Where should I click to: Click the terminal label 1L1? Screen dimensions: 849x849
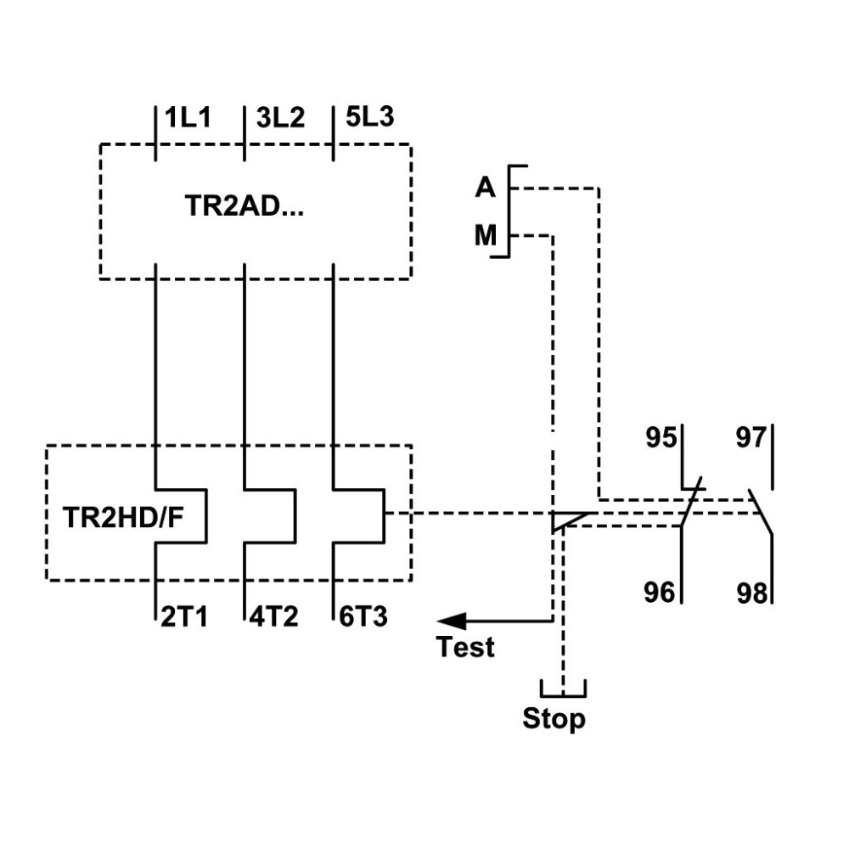[x=188, y=117]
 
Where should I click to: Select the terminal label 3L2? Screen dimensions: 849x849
[x=280, y=117]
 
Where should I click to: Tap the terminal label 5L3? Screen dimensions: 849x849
[x=370, y=117]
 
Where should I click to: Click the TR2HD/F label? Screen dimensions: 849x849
[x=123, y=517]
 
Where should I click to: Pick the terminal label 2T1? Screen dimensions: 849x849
[x=184, y=616]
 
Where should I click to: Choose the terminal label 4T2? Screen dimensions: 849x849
[x=273, y=616]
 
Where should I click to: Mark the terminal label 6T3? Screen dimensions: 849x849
[x=363, y=616]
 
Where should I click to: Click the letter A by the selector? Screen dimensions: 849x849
[x=485, y=188]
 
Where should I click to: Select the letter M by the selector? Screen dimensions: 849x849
[x=485, y=235]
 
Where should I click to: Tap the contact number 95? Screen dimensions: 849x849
[x=661, y=437]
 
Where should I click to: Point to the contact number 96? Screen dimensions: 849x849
[x=660, y=593]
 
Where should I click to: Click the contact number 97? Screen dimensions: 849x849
[x=751, y=437]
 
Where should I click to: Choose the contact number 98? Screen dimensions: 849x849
[x=752, y=593]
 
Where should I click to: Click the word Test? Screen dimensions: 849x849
[x=465, y=647]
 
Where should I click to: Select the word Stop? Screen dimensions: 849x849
[x=554, y=718]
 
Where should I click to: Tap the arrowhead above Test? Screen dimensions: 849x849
[x=451, y=621]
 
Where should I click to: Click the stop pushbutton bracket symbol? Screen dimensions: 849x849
[x=563, y=694]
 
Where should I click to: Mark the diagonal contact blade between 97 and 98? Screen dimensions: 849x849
[x=760, y=512]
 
